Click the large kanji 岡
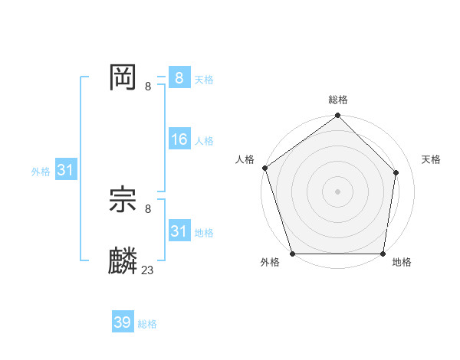123,77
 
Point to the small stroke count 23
147,270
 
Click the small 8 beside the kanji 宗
147,208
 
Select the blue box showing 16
179,139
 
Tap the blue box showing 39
122,322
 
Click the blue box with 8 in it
179,77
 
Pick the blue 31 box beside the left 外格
64,170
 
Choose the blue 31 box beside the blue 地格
179,231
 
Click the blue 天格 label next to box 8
204,80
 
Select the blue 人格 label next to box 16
204,141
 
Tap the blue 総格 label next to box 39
147,325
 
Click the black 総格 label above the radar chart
338,100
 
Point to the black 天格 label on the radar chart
432,159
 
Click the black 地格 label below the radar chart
402,263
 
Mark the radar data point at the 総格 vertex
338,116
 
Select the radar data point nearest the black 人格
264,168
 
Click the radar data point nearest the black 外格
293,254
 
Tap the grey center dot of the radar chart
338,191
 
